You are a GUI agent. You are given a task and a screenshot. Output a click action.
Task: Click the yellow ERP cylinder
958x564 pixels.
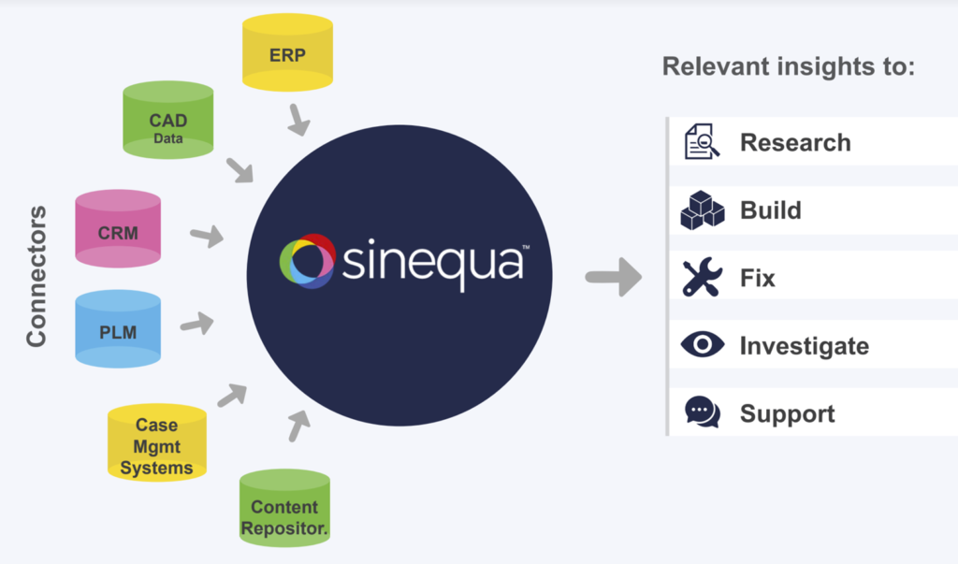click(287, 52)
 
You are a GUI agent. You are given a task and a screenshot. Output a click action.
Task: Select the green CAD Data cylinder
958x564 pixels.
click(168, 120)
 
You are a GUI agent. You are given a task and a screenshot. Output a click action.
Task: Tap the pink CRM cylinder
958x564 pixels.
click(118, 228)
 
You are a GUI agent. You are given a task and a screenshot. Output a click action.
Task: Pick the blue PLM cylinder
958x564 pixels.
click(118, 328)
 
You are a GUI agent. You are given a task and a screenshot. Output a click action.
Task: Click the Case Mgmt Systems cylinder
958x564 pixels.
click(157, 442)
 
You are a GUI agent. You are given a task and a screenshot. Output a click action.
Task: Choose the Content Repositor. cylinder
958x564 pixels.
click(284, 507)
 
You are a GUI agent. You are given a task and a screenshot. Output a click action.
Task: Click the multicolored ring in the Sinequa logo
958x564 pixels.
click(307, 261)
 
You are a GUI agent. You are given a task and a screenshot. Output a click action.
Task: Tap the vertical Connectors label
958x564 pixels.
click(36, 276)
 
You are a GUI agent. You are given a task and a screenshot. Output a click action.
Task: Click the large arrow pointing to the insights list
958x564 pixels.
click(614, 278)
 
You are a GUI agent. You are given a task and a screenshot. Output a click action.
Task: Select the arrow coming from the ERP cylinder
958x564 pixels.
click(298, 120)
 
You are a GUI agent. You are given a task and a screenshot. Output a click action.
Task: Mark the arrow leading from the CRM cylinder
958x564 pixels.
click(207, 236)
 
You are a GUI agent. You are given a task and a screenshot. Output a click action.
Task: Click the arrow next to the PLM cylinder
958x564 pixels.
click(197, 324)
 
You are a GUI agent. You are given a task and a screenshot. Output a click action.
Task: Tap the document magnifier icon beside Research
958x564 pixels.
click(702, 142)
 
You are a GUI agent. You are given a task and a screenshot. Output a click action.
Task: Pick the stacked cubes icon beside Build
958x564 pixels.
click(703, 210)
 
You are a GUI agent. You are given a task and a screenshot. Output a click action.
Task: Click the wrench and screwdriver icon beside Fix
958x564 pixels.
click(703, 278)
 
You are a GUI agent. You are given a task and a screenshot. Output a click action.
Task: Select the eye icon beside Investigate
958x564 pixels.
click(703, 344)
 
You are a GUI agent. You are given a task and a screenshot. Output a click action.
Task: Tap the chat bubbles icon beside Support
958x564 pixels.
click(703, 412)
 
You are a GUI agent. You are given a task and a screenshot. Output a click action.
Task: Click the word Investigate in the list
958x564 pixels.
click(804, 346)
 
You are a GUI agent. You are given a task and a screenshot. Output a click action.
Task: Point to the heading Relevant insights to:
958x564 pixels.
click(789, 66)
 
